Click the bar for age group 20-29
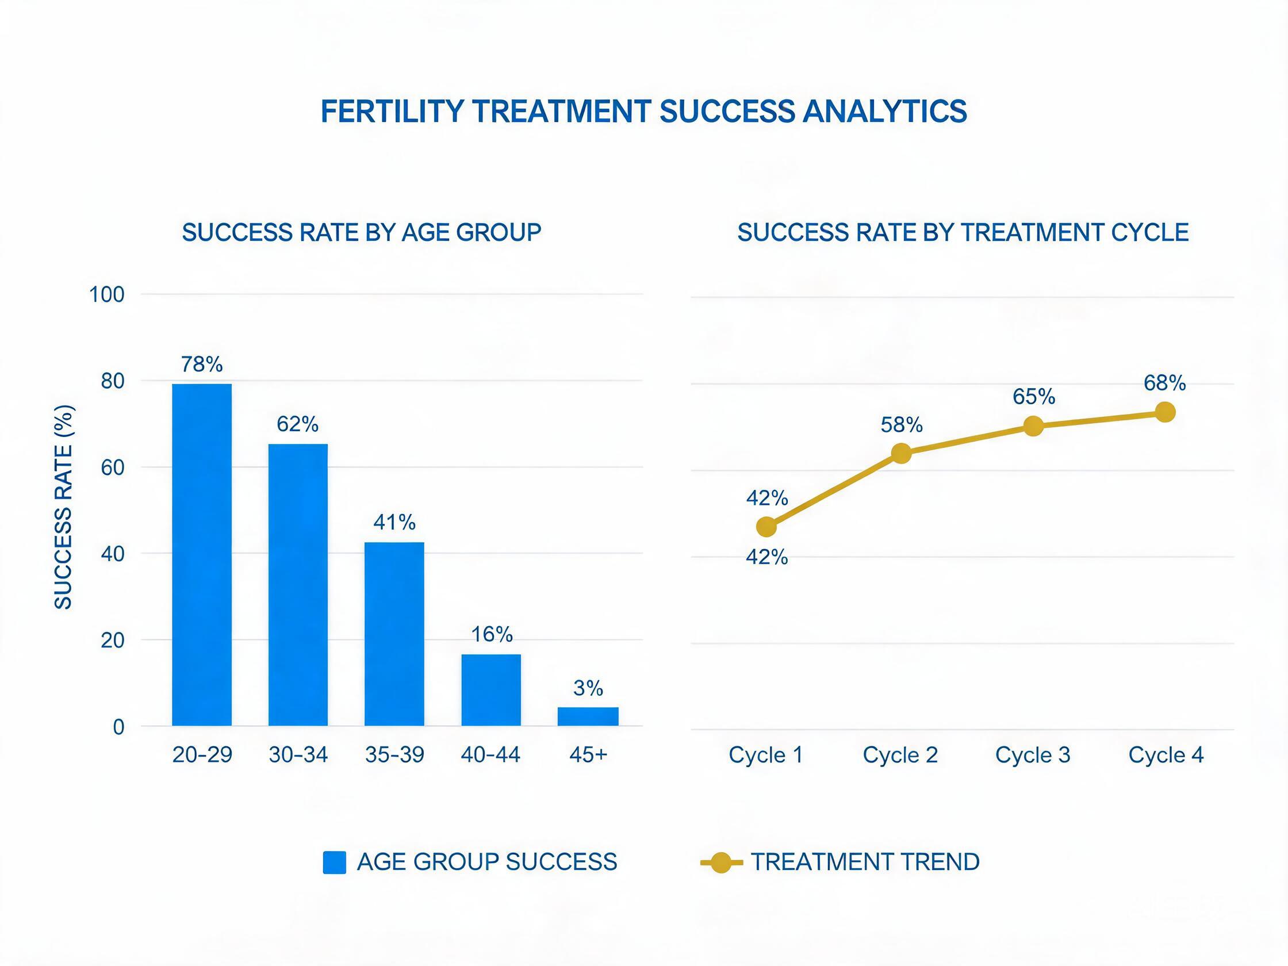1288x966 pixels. [x=201, y=554]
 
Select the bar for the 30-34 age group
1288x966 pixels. [x=297, y=585]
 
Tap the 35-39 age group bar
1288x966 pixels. [x=394, y=634]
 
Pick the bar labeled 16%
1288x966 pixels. [x=491, y=690]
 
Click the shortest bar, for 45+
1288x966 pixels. [x=588, y=716]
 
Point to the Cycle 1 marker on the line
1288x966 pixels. [x=766, y=527]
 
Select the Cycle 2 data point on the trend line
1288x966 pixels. [x=901, y=453]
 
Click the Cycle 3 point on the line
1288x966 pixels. [x=1033, y=426]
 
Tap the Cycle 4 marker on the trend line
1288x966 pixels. [x=1164, y=412]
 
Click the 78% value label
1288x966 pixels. [x=201, y=365]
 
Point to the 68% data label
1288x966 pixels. [x=1164, y=383]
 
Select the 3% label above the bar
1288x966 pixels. [x=588, y=688]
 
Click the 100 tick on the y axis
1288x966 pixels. [x=106, y=294]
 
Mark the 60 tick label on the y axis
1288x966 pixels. [x=113, y=467]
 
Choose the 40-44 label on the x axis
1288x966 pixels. [x=490, y=754]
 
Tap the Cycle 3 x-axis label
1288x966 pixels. [x=1033, y=754]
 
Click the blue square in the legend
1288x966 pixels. [x=334, y=862]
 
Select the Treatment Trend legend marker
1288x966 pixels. [x=722, y=862]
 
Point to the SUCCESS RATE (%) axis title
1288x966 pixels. [x=63, y=507]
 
